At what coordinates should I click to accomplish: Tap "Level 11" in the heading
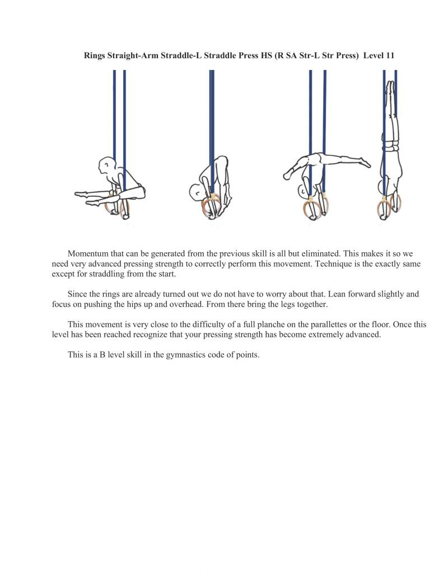pyautogui.click(x=379, y=56)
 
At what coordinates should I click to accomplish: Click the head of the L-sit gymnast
pyautogui.click(x=106, y=166)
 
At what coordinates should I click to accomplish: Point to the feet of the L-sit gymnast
pyautogui.click(x=81, y=194)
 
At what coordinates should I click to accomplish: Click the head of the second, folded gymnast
pyautogui.click(x=197, y=192)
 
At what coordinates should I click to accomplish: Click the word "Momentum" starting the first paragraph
pyautogui.click(x=86, y=254)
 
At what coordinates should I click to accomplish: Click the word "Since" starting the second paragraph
pyautogui.click(x=78, y=294)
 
